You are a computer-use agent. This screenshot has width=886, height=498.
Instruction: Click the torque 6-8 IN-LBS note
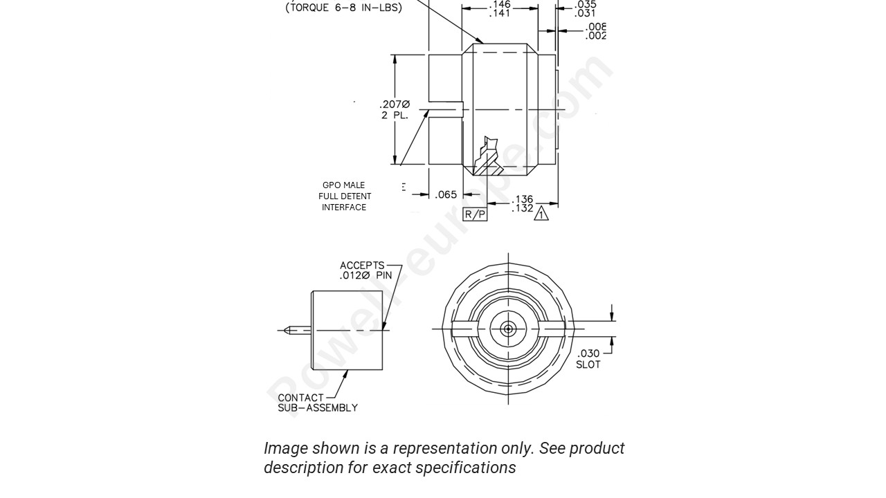click(x=343, y=8)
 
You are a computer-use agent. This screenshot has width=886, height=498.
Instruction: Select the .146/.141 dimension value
click(x=500, y=8)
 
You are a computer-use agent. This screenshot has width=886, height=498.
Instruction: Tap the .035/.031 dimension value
click(x=585, y=8)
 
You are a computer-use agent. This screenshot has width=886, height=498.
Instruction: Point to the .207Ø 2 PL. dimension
click(x=395, y=110)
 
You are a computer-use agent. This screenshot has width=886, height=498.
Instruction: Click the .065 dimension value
click(x=446, y=195)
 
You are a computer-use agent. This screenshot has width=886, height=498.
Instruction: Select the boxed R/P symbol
click(x=475, y=214)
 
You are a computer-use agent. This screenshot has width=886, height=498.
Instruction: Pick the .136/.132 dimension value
click(x=523, y=204)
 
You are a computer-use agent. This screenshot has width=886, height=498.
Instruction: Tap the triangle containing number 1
click(x=541, y=214)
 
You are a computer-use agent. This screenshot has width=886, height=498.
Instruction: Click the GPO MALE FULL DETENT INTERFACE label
click(x=344, y=196)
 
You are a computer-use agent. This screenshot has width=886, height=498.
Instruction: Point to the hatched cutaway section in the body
click(x=489, y=159)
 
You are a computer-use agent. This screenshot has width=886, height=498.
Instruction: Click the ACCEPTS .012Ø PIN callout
click(x=365, y=270)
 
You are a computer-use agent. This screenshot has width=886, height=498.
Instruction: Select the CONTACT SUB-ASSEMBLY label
click(x=317, y=403)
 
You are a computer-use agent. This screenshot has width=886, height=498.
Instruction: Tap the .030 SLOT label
click(x=588, y=359)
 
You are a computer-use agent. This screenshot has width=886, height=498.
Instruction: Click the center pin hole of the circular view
click(x=508, y=329)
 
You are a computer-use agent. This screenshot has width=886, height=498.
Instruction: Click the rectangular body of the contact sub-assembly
click(x=347, y=331)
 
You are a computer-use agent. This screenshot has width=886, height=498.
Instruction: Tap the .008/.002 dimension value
click(x=595, y=31)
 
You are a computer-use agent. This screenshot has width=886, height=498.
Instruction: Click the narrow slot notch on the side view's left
click(x=446, y=109)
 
